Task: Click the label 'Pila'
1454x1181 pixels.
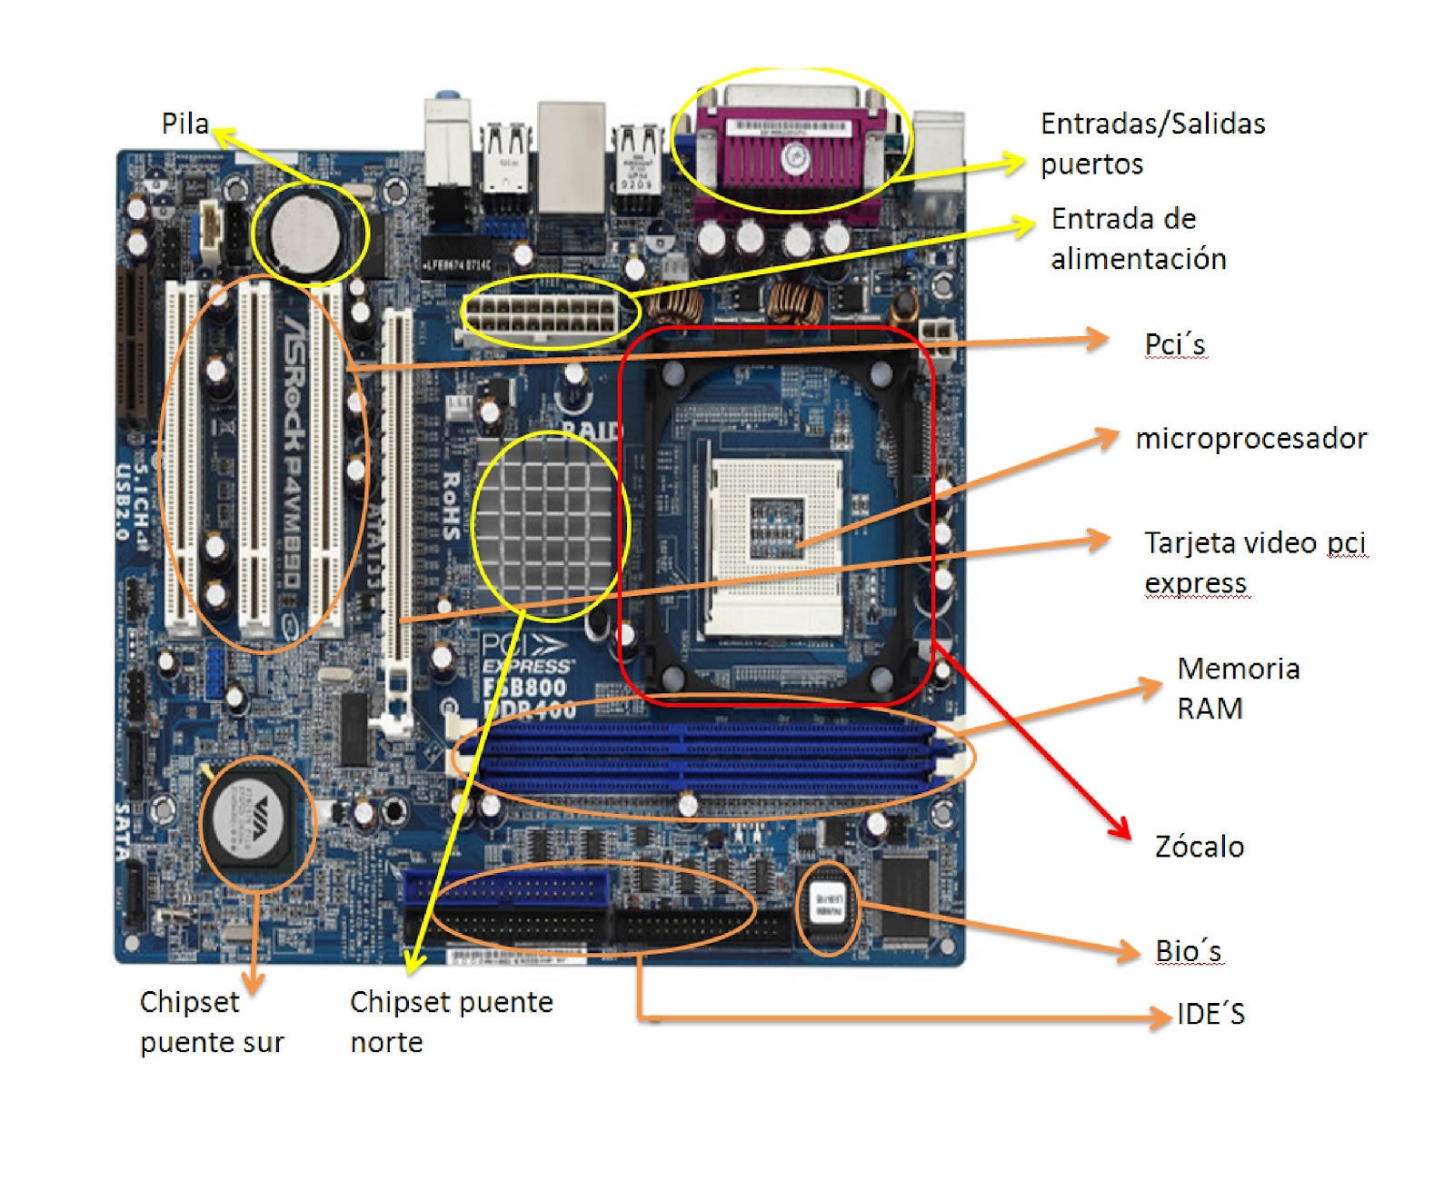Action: coord(185,124)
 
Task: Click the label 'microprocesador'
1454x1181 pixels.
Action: coord(1250,439)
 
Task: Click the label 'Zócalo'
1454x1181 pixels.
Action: coord(1199,847)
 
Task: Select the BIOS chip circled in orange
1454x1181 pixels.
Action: coord(827,906)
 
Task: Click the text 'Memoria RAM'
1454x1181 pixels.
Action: coord(1237,689)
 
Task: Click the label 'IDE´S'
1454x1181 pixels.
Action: coord(1210,1014)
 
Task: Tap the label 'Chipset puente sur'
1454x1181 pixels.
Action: coord(211,1022)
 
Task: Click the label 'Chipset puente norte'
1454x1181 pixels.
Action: coord(451,1022)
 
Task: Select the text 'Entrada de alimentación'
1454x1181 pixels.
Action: coord(1138,239)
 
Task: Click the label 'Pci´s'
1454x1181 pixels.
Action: coord(1174,345)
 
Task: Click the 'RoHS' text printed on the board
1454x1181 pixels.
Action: coord(451,505)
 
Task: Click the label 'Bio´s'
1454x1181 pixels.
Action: coord(1188,951)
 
